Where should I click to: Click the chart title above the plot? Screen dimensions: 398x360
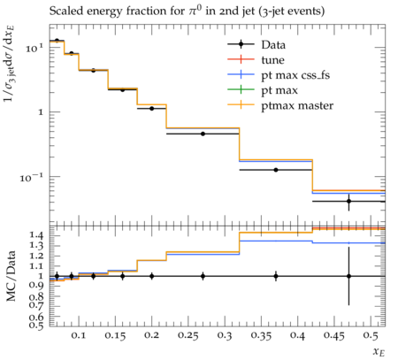187,11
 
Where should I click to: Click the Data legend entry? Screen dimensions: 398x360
256,45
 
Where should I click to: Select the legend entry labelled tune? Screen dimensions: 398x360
256,60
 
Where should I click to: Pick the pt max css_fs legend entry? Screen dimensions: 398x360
279,75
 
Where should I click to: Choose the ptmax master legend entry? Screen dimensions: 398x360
280,105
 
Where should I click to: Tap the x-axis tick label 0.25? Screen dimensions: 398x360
188,336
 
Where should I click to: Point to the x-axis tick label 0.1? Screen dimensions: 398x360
79,335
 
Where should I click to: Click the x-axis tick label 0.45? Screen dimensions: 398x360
334,336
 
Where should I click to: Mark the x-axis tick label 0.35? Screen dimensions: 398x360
261,336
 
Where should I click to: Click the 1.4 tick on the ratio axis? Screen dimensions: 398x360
36,235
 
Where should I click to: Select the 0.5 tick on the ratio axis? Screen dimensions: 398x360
36,325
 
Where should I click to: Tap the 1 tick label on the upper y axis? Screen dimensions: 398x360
41,112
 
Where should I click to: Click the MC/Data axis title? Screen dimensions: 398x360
11,276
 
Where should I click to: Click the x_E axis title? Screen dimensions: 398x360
379,352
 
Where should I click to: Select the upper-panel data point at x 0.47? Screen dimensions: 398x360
348,202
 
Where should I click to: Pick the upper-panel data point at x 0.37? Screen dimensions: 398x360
276,170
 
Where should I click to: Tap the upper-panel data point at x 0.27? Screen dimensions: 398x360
203,134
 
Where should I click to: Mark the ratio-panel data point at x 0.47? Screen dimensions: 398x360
348,276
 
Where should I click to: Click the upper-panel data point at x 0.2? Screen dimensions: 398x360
151,109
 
